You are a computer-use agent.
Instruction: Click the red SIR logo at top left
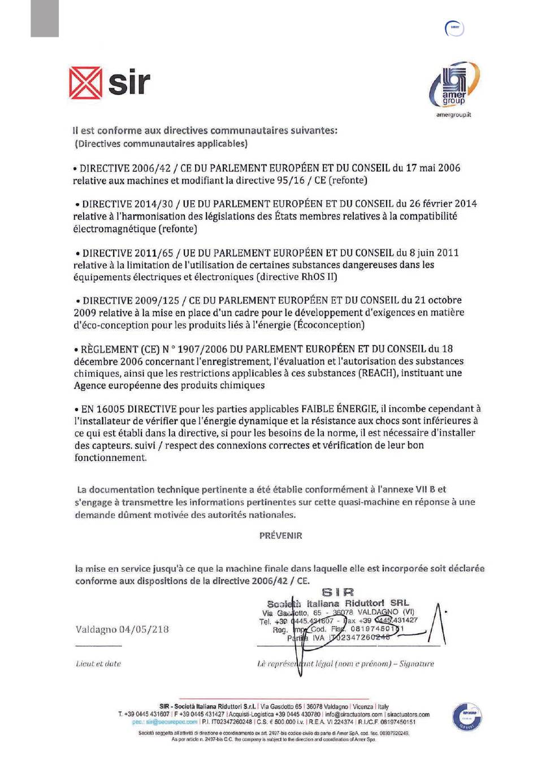[x=110, y=83]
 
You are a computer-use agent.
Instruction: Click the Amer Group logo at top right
[x=454, y=85]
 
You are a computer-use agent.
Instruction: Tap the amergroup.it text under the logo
[x=453, y=115]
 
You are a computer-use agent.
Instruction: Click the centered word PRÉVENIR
[x=280, y=536]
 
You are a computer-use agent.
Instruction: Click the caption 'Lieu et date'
[x=98, y=664]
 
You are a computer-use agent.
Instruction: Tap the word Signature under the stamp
[x=417, y=664]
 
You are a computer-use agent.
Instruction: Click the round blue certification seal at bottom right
[x=467, y=717]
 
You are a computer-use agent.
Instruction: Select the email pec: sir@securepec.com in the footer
[x=164, y=722]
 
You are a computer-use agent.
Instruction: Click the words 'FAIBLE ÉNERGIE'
[x=339, y=409]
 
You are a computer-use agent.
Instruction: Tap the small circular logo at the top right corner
[x=454, y=28]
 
